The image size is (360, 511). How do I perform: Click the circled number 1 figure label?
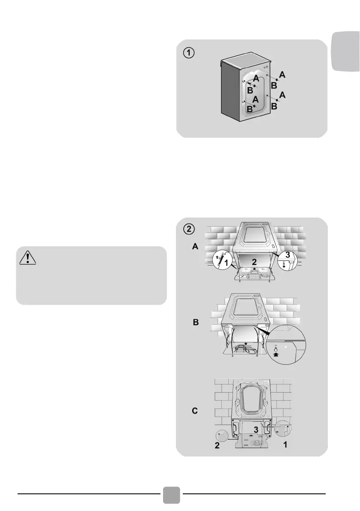pos(189,53)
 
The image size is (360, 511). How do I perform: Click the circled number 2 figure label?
pos(189,229)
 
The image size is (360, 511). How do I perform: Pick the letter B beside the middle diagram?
pos(195,323)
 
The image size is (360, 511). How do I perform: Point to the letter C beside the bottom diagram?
pos(195,411)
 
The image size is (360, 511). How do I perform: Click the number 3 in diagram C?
pos(255,429)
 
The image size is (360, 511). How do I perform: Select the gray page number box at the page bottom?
pos(172,494)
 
